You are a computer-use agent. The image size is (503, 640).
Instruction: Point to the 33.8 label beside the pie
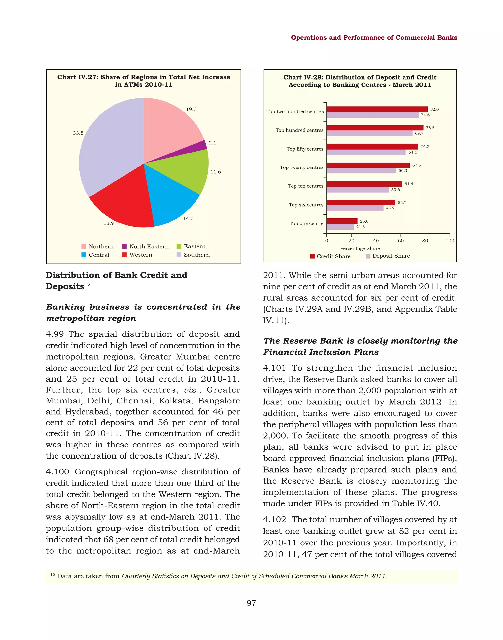click(78, 133)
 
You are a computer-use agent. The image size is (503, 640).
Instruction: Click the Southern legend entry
click(193, 255)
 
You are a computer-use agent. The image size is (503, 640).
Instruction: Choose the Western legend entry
click(137, 255)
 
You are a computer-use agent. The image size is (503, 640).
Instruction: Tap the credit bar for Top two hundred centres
click(377, 109)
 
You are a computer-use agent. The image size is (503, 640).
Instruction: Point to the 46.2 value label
click(390, 208)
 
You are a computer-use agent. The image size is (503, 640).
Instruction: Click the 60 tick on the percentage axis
click(401, 241)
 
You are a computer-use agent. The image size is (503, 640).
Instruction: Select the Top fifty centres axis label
click(305, 149)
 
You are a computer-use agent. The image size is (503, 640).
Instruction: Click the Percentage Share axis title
click(360, 249)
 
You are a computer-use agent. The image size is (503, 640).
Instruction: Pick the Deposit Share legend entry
click(388, 256)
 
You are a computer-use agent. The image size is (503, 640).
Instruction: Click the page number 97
click(251, 603)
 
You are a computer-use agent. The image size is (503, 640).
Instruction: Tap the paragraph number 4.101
click(274, 368)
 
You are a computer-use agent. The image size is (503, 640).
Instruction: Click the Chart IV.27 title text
click(144, 81)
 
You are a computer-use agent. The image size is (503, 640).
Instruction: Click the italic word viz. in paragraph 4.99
click(190, 390)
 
